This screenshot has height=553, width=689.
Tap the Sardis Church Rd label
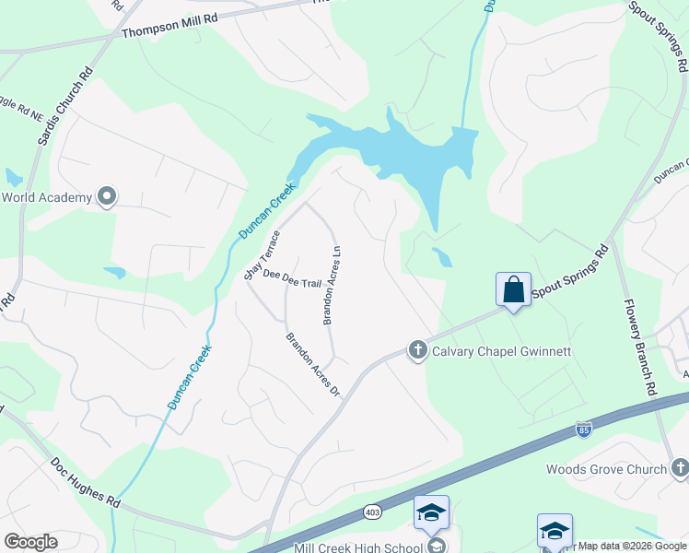tap(60, 108)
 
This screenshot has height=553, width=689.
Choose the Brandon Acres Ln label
tap(332, 285)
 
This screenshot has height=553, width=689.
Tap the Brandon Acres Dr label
tap(313, 365)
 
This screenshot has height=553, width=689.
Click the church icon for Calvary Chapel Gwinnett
tap(417, 350)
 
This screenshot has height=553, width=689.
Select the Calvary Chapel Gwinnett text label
tap(501, 351)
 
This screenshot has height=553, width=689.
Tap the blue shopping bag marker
tap(513, 289)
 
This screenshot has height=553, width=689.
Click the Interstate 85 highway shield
tap(583, 429)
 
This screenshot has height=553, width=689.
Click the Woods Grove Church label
tap(606, 469)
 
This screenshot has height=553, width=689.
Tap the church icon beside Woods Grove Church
tap(679, 468)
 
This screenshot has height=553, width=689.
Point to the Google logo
tap(30, 542)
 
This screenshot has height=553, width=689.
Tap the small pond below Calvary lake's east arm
tap(442, 257)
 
